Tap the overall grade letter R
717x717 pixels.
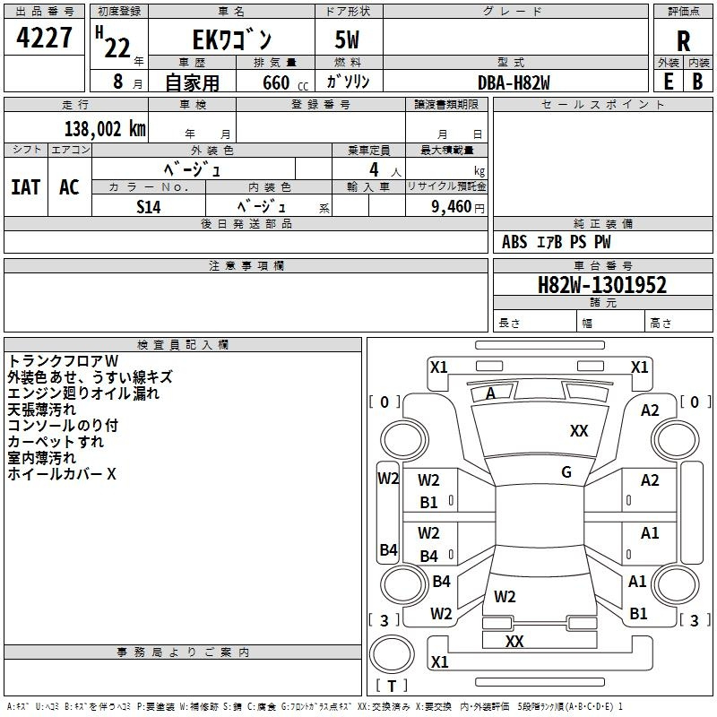pyautogui.click(x=683, y=41)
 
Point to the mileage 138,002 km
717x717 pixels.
pyautogui.click(x=104, y=128)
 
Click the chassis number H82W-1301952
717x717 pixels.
pyautogui.click(x=602, y=285)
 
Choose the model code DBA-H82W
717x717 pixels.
pyautogui.click(x=514, y=82)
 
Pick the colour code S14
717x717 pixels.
pyautogui.click(x=149, y=205)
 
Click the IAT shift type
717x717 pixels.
pyautogui.click(x=25, y=186)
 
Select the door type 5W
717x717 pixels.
pyautogui.click(x=347, y=40)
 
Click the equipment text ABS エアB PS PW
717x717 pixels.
pyautogui.click(x=556, y=242)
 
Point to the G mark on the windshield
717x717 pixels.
pyautogui.click(x=566, y=472)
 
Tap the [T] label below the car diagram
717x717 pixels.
pyautogui.click(x=392, y=686)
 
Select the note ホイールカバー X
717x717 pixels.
pyautogui.click(x=62, y=474)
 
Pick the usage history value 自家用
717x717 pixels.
pyautogui.click(x=192, y=82)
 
